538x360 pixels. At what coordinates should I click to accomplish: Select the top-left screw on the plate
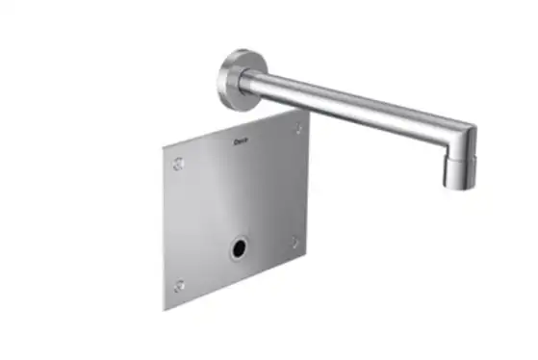click(x=178, y=164)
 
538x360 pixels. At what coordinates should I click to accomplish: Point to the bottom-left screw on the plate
click(x=179, y=286)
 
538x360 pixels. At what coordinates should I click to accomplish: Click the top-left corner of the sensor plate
click(x=164, y=146)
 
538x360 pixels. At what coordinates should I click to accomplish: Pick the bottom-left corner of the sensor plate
click(x=164, y=309)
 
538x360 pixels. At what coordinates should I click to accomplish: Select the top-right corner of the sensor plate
click(x=308, y=110)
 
